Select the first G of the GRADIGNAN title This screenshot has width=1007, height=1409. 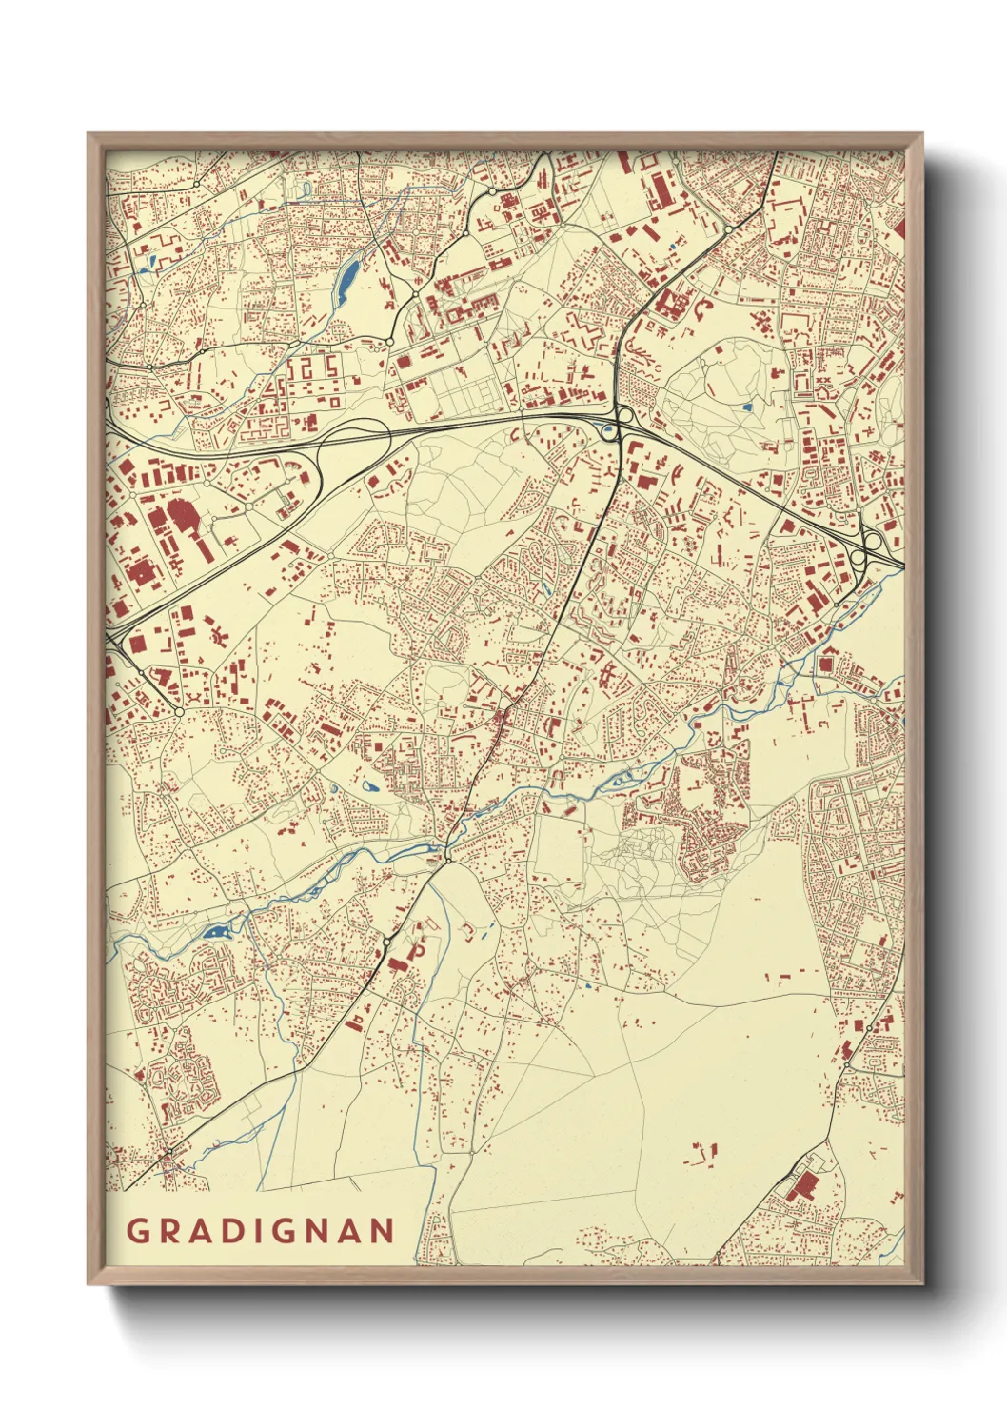(136, 1230)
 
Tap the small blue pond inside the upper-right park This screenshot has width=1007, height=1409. (747, 407)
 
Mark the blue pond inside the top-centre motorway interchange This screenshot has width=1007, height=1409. (609, 431)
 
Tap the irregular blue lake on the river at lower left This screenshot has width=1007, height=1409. (216, 931)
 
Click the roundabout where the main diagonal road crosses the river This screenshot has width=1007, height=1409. (446, 860)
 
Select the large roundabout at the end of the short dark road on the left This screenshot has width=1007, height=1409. (179, 710)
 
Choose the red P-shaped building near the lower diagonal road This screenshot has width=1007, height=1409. (417, 951)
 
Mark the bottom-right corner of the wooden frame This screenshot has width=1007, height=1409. (923, 1283)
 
